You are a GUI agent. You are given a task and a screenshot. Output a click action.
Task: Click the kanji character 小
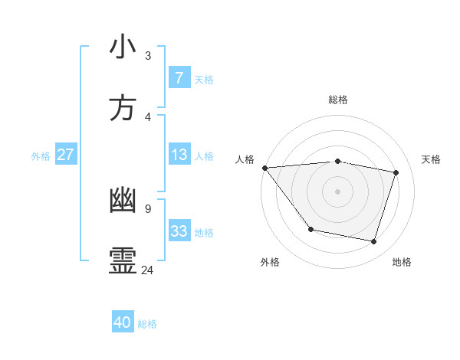[x=123, y=47]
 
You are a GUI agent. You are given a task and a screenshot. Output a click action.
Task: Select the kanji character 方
[x=123, y=109]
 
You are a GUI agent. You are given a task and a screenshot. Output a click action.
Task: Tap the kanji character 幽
[x=123, y=201]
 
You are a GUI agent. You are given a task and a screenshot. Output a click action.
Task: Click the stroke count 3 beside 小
[x=148, y=55]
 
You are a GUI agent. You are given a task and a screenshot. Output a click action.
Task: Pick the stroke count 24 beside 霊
[x=148, y=270]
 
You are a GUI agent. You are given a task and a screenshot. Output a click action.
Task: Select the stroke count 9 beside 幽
[x=148, y=208]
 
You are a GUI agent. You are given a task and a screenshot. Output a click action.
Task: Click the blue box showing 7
[x=179, y=78]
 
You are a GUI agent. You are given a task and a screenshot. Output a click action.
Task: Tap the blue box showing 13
[x=179, y=155]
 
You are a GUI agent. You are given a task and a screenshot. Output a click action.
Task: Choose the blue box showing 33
[x=179, y=231]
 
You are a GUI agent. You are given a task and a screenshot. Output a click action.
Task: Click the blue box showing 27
[x=66, y=155]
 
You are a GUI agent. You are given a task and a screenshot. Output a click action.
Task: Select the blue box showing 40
[x=123, y=322]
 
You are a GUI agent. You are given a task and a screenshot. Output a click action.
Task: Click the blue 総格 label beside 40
[x=147, y=324]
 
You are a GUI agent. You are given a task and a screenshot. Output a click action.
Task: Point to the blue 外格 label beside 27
[x=41, y=156]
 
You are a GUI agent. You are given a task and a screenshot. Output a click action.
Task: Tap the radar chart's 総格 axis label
[x=338, y=100]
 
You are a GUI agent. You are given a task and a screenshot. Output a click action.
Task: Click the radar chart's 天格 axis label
[x=432, y=159]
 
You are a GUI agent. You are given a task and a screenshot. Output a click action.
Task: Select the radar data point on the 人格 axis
[x=264, y=168]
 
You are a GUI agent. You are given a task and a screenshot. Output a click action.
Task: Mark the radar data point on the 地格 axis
[x=373, y=241]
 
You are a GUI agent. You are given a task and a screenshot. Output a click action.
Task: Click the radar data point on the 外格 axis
[x=310, y=229]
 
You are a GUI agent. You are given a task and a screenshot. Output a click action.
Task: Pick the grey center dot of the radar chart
[x=337, y=191]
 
